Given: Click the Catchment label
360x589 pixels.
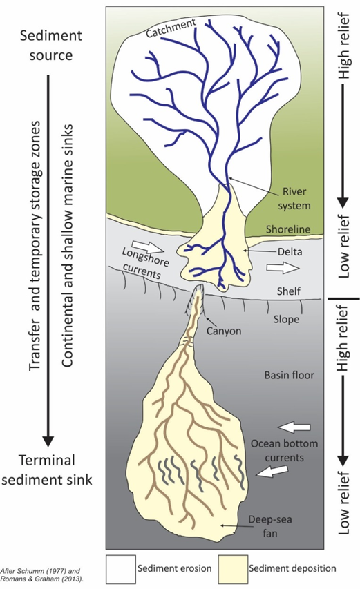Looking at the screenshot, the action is click(171, 28).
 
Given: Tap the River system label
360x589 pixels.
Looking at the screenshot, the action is click(294, 198).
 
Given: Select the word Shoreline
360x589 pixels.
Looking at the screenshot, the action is click(288, 229).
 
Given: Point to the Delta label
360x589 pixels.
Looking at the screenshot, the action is click(290, 251).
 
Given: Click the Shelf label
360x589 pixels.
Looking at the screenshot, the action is click(289, 291).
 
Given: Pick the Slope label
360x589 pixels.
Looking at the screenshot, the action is click(286, 319).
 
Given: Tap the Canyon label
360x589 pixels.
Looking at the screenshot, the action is click(224, 331).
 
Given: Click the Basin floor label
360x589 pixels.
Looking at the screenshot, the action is click(290, 375).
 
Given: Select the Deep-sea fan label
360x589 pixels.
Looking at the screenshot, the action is click(269, 526).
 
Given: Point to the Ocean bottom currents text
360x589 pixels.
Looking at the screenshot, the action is click(285, 450).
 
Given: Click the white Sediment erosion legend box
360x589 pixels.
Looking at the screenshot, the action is click(121, 569).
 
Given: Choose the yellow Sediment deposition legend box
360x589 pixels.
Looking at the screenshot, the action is click(233, 569).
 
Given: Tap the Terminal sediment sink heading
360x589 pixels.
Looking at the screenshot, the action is click(47, 470).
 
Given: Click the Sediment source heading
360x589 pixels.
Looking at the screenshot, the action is click(51, 46).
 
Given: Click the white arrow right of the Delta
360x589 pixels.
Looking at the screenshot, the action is click(283, 268).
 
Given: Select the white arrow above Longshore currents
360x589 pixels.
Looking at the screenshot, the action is click(149, 247).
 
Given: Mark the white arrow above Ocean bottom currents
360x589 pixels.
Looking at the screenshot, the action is click(294, 427).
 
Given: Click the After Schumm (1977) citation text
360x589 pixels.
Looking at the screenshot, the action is click(41, 574).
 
